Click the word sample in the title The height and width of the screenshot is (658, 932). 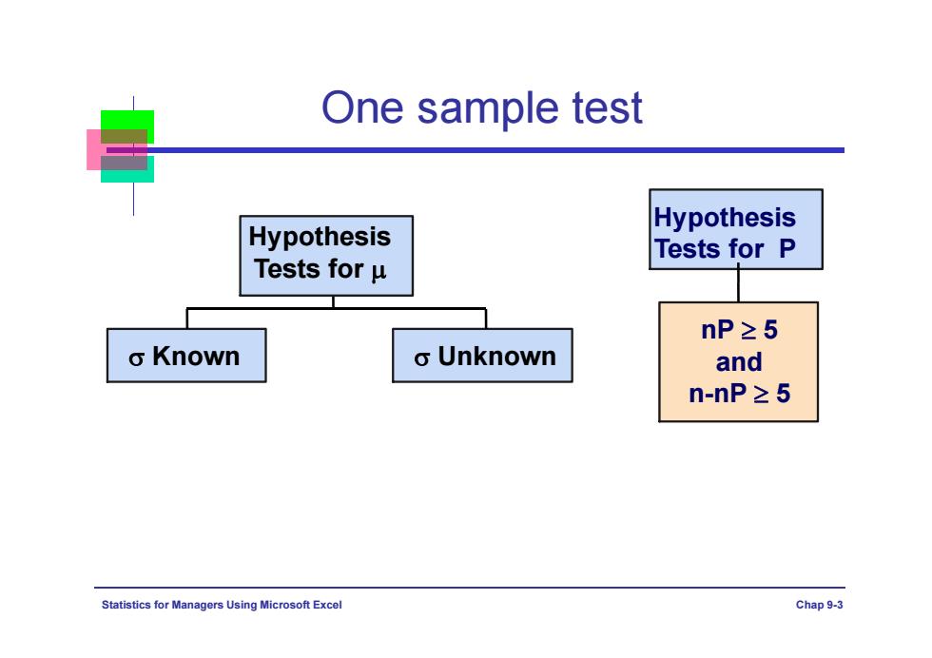click(x=487, y=108)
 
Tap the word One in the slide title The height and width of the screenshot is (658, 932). click(x=362, y=107)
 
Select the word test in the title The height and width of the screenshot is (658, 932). click(x=607, y=107)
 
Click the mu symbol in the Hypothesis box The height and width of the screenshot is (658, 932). click(x=379, y=272)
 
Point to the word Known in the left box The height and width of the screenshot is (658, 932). click(x=196, y=357)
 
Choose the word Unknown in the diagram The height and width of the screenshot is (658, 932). click(x=496, y=357)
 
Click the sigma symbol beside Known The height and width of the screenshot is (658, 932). click(x=136, y=358)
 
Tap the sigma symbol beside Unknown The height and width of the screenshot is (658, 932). click(x=421, y=358)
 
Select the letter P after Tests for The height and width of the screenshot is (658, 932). click(x=787, y=249)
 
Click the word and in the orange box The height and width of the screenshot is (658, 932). click(x=739, y=362)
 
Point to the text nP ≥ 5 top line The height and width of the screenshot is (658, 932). click(x=739, y=330)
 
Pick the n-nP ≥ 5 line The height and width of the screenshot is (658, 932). click(x=740, y=394)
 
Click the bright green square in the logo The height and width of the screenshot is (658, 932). click(x=127, y=120)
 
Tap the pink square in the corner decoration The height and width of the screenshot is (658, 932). click(x=94, y=150)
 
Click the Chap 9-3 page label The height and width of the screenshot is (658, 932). click(x=819, y=605)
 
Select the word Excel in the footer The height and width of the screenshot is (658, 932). click(x=327, y=605)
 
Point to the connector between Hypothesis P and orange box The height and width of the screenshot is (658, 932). click(x=738, y=286)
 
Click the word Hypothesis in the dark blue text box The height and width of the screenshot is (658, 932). click(x=725, y=219)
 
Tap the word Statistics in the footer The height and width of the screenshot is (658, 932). click(x=126, y=605)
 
